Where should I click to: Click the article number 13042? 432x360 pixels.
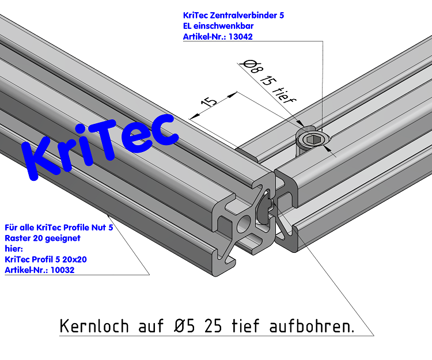click(240, 36)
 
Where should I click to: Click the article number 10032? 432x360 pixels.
click(62, 270)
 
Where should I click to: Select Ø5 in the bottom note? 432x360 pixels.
click(183, 327)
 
